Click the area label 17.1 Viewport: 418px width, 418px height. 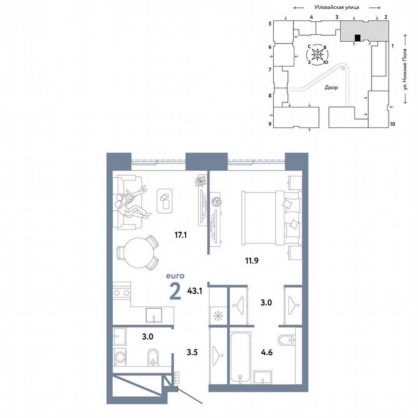pos(181,236)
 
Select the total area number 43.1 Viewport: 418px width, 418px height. pos(194,292)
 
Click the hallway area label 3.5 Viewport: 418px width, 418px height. pos(193,346)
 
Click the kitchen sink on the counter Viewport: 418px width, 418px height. pos(153,314)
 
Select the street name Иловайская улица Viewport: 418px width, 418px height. pos(335,8)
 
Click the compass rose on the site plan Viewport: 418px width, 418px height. pos(317,55)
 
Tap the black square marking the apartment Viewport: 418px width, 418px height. pos(357,38)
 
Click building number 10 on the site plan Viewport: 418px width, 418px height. pos(392,124)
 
